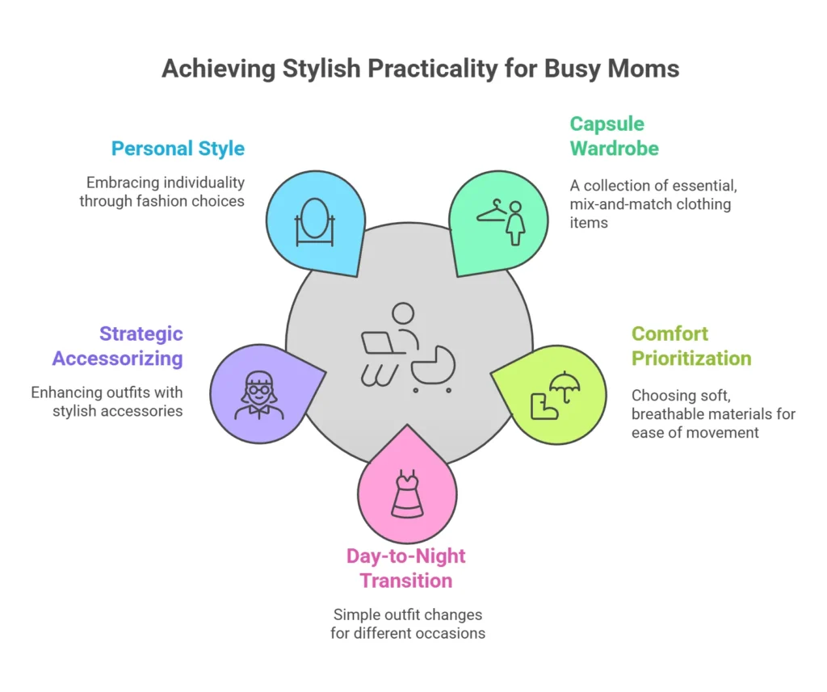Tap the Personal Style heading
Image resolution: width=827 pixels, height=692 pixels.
(x=178, y=149)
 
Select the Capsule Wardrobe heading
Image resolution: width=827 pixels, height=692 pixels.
(x=615, y=136)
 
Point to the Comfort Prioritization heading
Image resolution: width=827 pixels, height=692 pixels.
(x=691, y=346)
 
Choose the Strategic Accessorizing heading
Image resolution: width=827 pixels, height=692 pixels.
(x=118, y=346)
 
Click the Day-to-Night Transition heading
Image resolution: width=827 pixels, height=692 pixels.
(x=406, y=568)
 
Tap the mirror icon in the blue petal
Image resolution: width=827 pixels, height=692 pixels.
(x=315, y=222)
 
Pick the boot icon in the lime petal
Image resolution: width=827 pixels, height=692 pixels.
(x=544, y=407)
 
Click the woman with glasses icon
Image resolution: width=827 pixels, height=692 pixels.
(x=259, y=396)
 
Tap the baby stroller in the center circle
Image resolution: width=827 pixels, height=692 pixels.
(x=433, y=370)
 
